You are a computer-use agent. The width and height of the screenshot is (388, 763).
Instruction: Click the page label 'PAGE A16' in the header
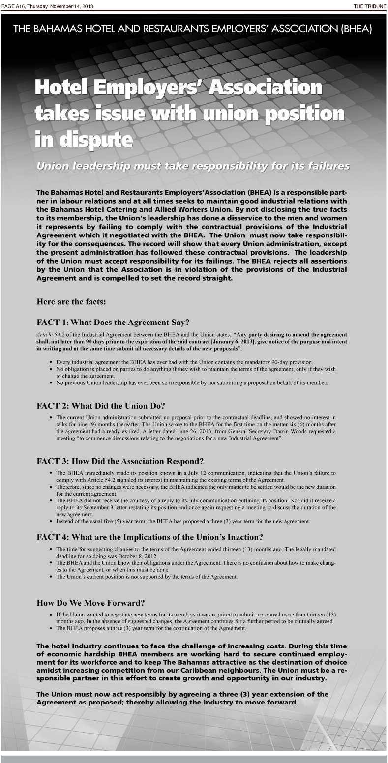tap(15, 6)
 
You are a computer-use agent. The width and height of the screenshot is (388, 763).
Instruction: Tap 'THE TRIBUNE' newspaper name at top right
tap(369, 6)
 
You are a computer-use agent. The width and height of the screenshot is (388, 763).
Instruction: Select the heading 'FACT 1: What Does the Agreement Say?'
tap(113, 323)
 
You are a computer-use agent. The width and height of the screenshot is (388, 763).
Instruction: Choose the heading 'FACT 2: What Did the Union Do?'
tap(100, 406)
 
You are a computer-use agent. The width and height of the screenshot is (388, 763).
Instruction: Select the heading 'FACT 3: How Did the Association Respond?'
tap(120, 461)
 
